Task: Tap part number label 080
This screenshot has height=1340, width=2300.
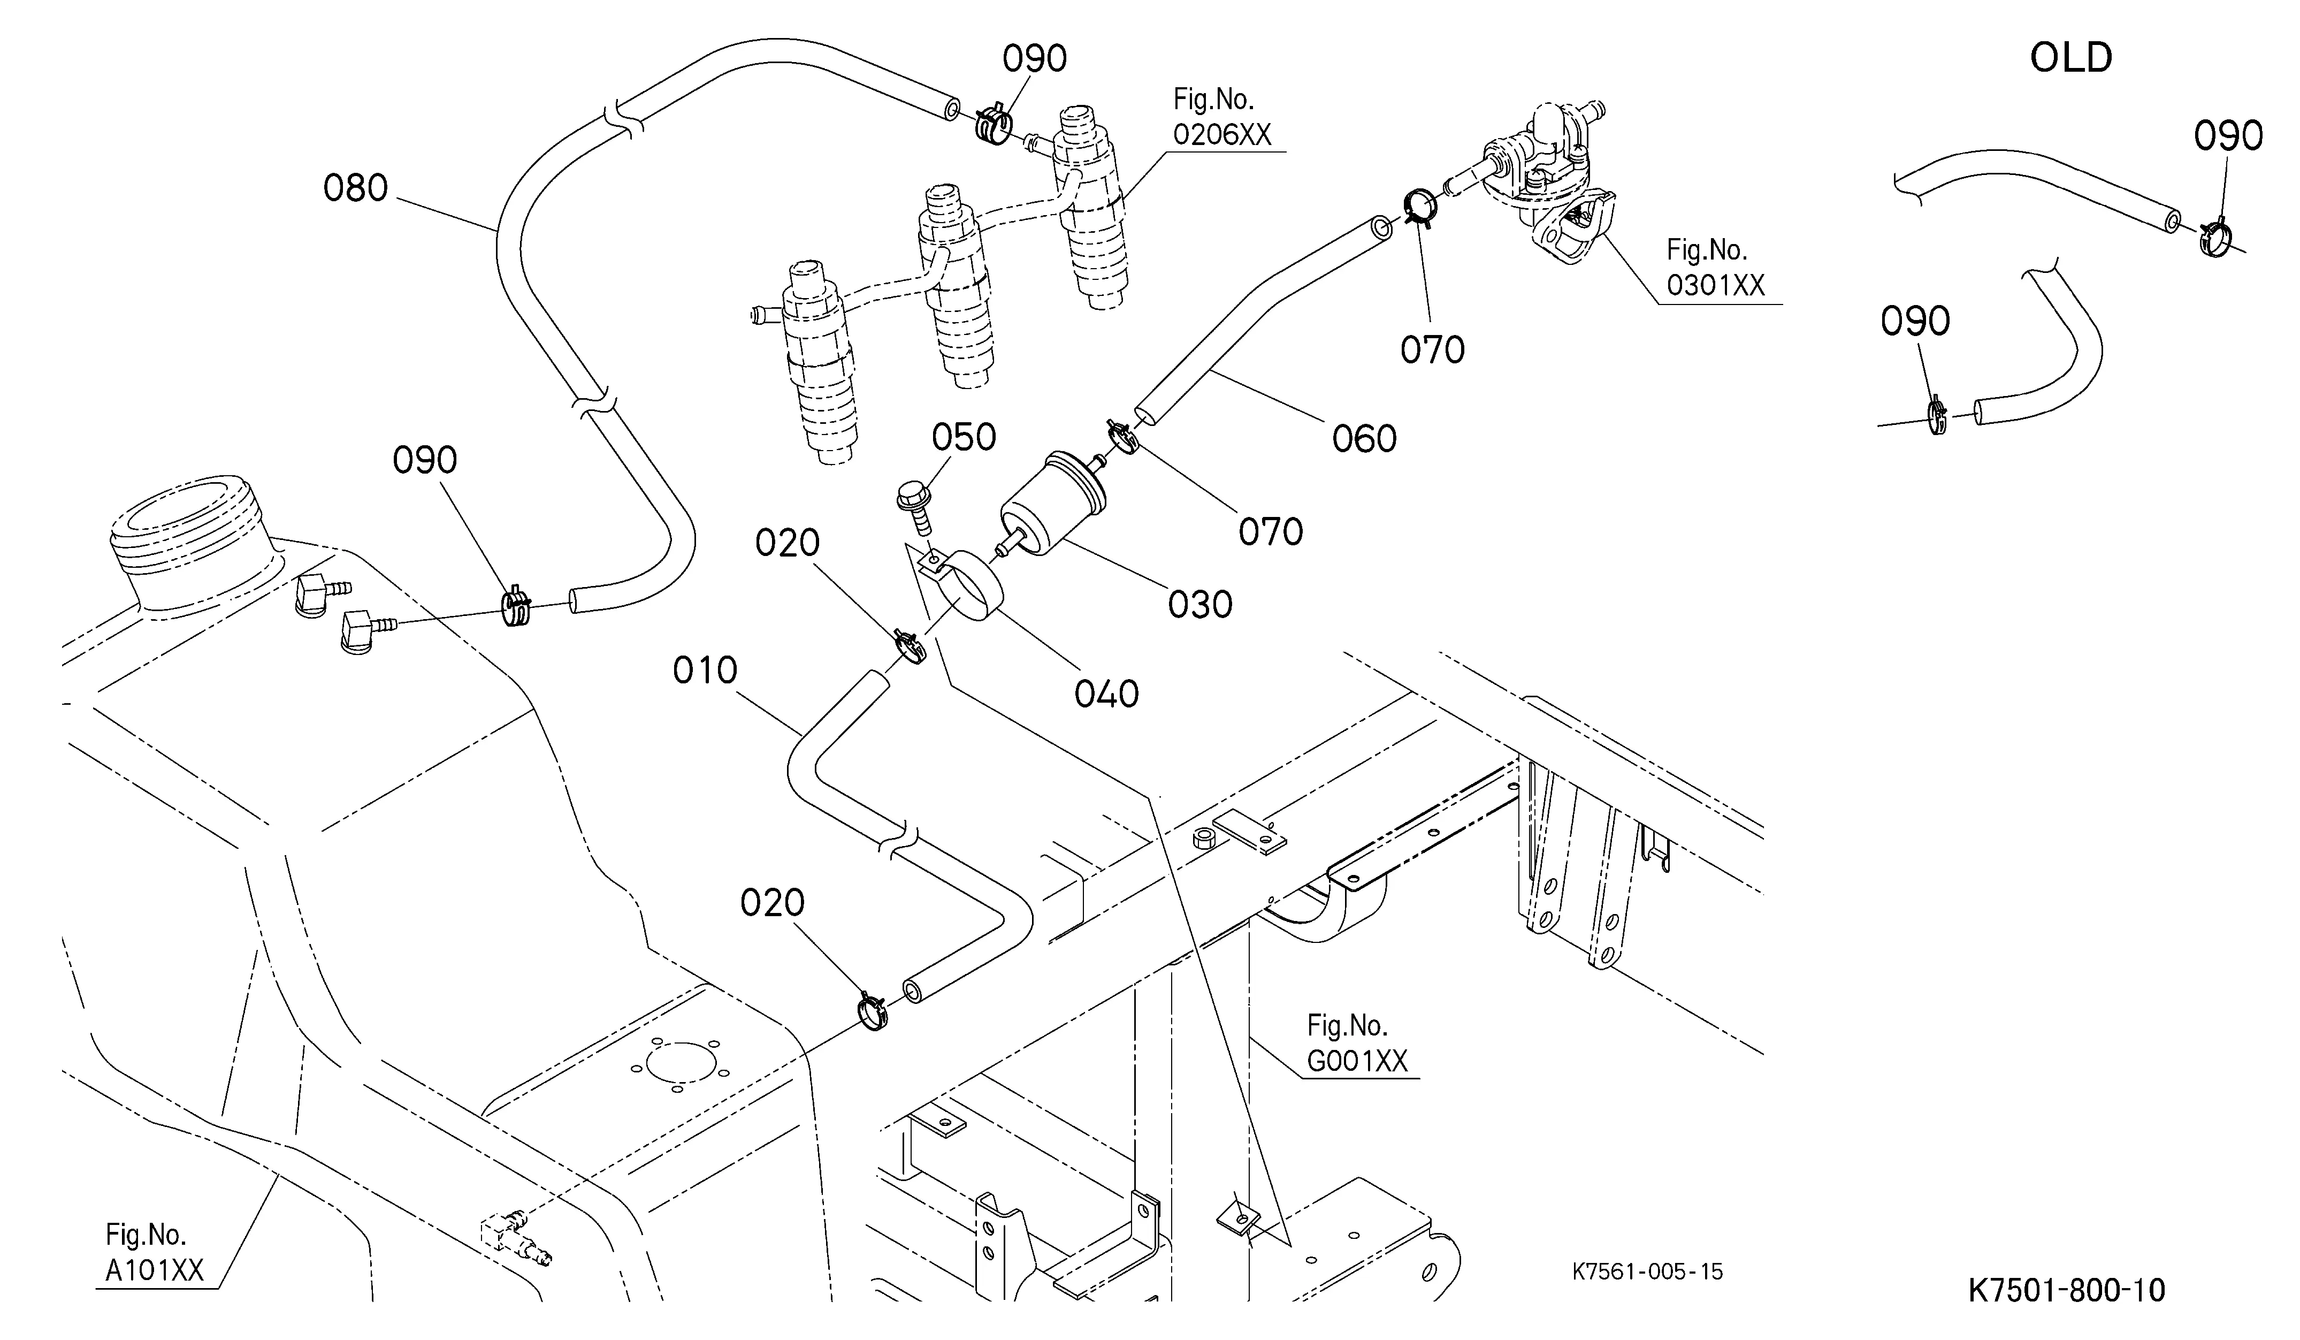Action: tap(356, 189)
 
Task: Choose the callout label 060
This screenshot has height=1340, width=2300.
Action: tap(1364, 439)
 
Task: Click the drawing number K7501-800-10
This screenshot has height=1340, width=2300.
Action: tap(2066, 1291)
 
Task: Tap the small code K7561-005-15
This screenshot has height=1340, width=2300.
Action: tap(1647, 1272)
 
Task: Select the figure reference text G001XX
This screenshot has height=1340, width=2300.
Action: tap(1358, 1061)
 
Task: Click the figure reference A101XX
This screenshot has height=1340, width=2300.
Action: tap(154, 1270)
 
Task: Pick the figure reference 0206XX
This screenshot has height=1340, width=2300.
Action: tap(1222, 135)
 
